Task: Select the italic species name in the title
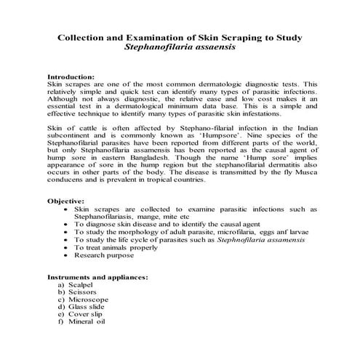pyautogui.click(x=180, y=47)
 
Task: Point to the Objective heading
pyautogui.click(x=66, y=200)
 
